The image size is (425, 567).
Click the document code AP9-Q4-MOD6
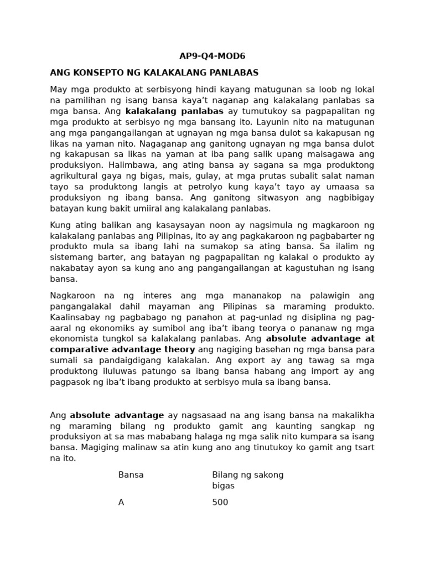[212, 56]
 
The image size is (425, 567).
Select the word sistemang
[71, 257]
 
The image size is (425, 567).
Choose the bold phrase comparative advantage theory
[122, 349]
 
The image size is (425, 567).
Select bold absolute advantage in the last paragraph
[117, 415]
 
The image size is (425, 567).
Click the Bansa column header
[131, 475]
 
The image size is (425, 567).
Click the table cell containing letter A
[121, 502]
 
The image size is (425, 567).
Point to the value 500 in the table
[220, 502]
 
